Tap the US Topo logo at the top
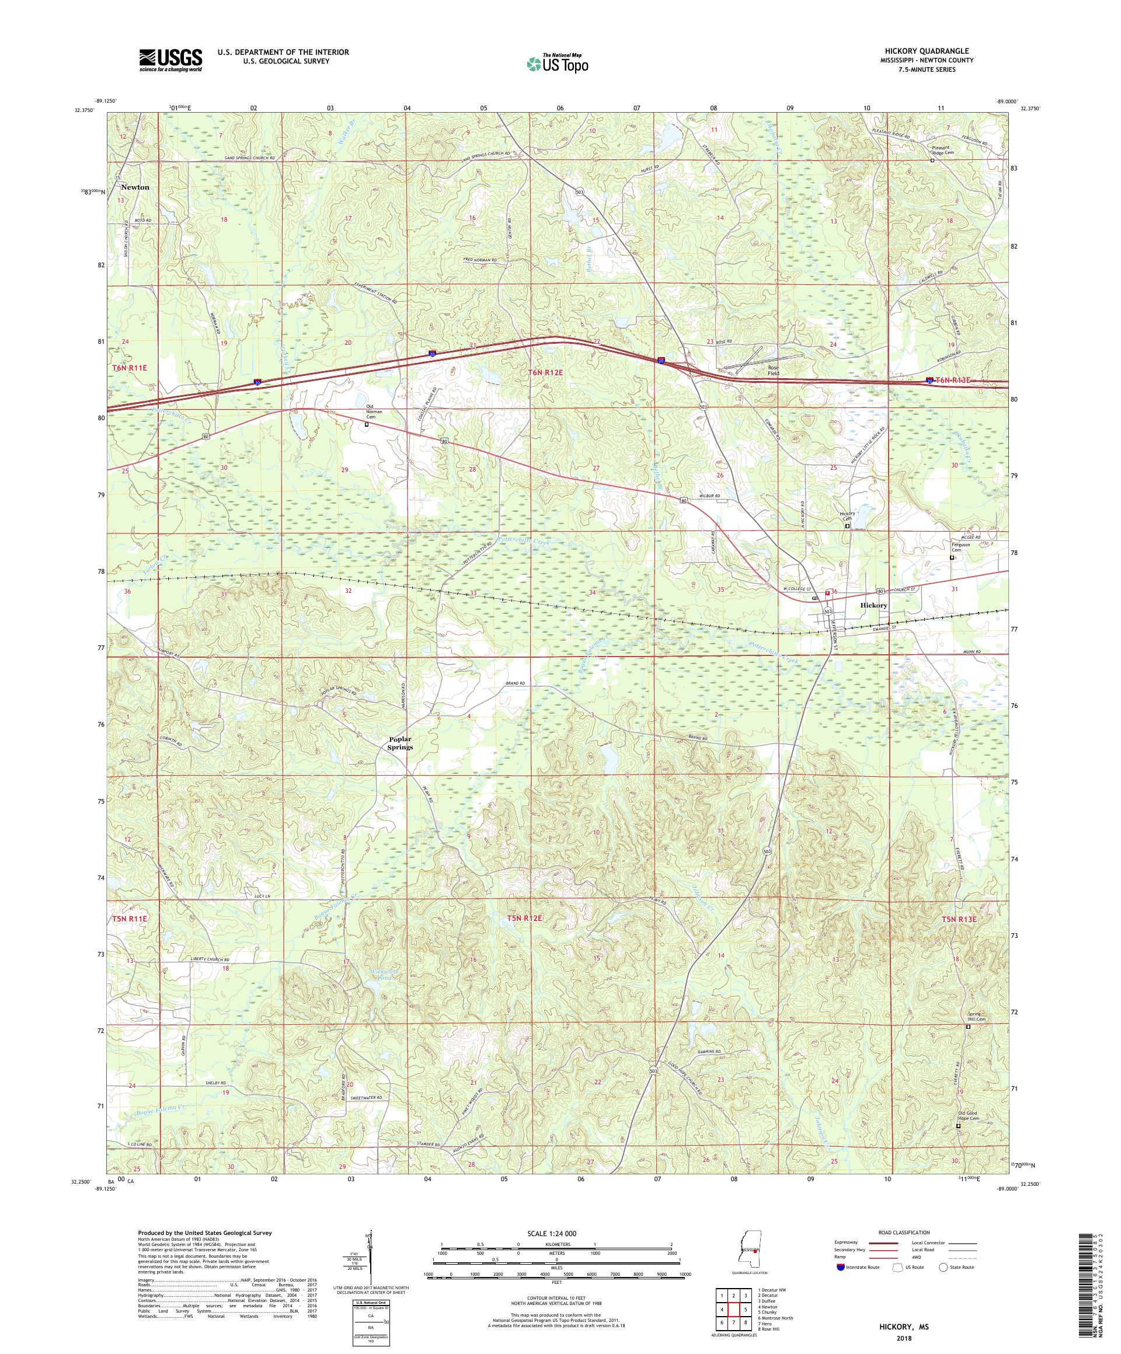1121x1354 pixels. click(559, 63)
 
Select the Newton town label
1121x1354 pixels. click(135, 187)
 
